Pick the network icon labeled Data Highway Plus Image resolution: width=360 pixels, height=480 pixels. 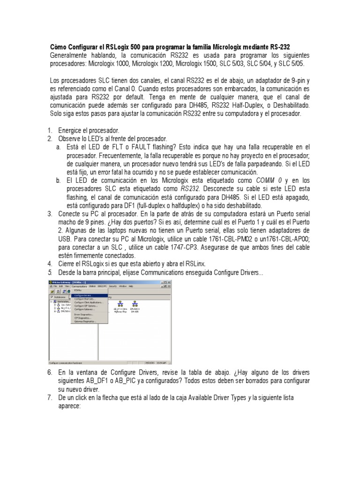(121, 304)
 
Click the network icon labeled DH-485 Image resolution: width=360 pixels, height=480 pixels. (135, 304)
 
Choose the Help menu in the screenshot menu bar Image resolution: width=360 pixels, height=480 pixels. (131, 285)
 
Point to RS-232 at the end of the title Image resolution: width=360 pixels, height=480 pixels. (280, 47)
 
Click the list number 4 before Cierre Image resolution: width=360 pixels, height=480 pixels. (50, 263)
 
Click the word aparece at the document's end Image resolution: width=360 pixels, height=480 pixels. (69, 406)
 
